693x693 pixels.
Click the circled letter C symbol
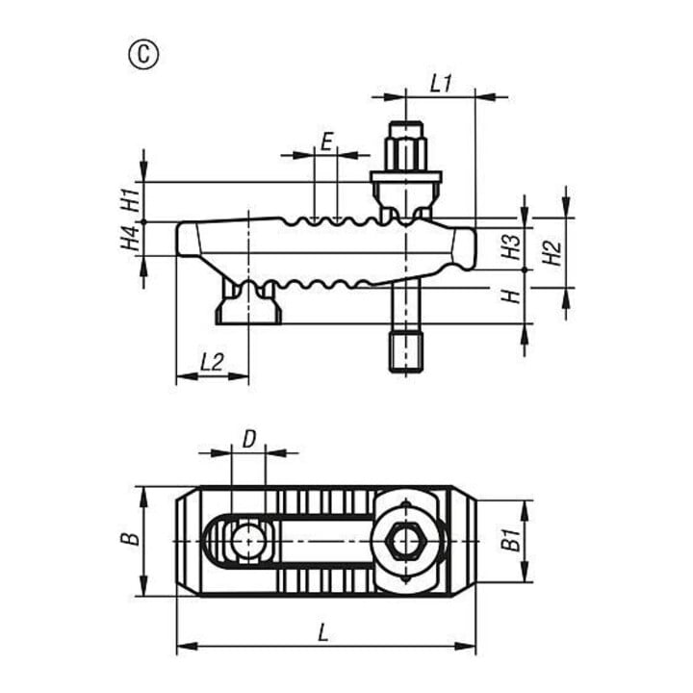[x=143, y=55]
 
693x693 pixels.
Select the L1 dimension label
[x=442, y=84]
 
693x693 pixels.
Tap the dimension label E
[x=326, y=142]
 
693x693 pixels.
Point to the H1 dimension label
[x=131, y=200]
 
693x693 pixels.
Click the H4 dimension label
[x=131, y=238]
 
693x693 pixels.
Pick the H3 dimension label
[x=512, y=246]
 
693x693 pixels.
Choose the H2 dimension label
[x=552, y=253]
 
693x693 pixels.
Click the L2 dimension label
[x=212, y=363]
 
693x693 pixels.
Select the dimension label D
[x=249, y=440]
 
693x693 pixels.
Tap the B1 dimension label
[x=512, y=540]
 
